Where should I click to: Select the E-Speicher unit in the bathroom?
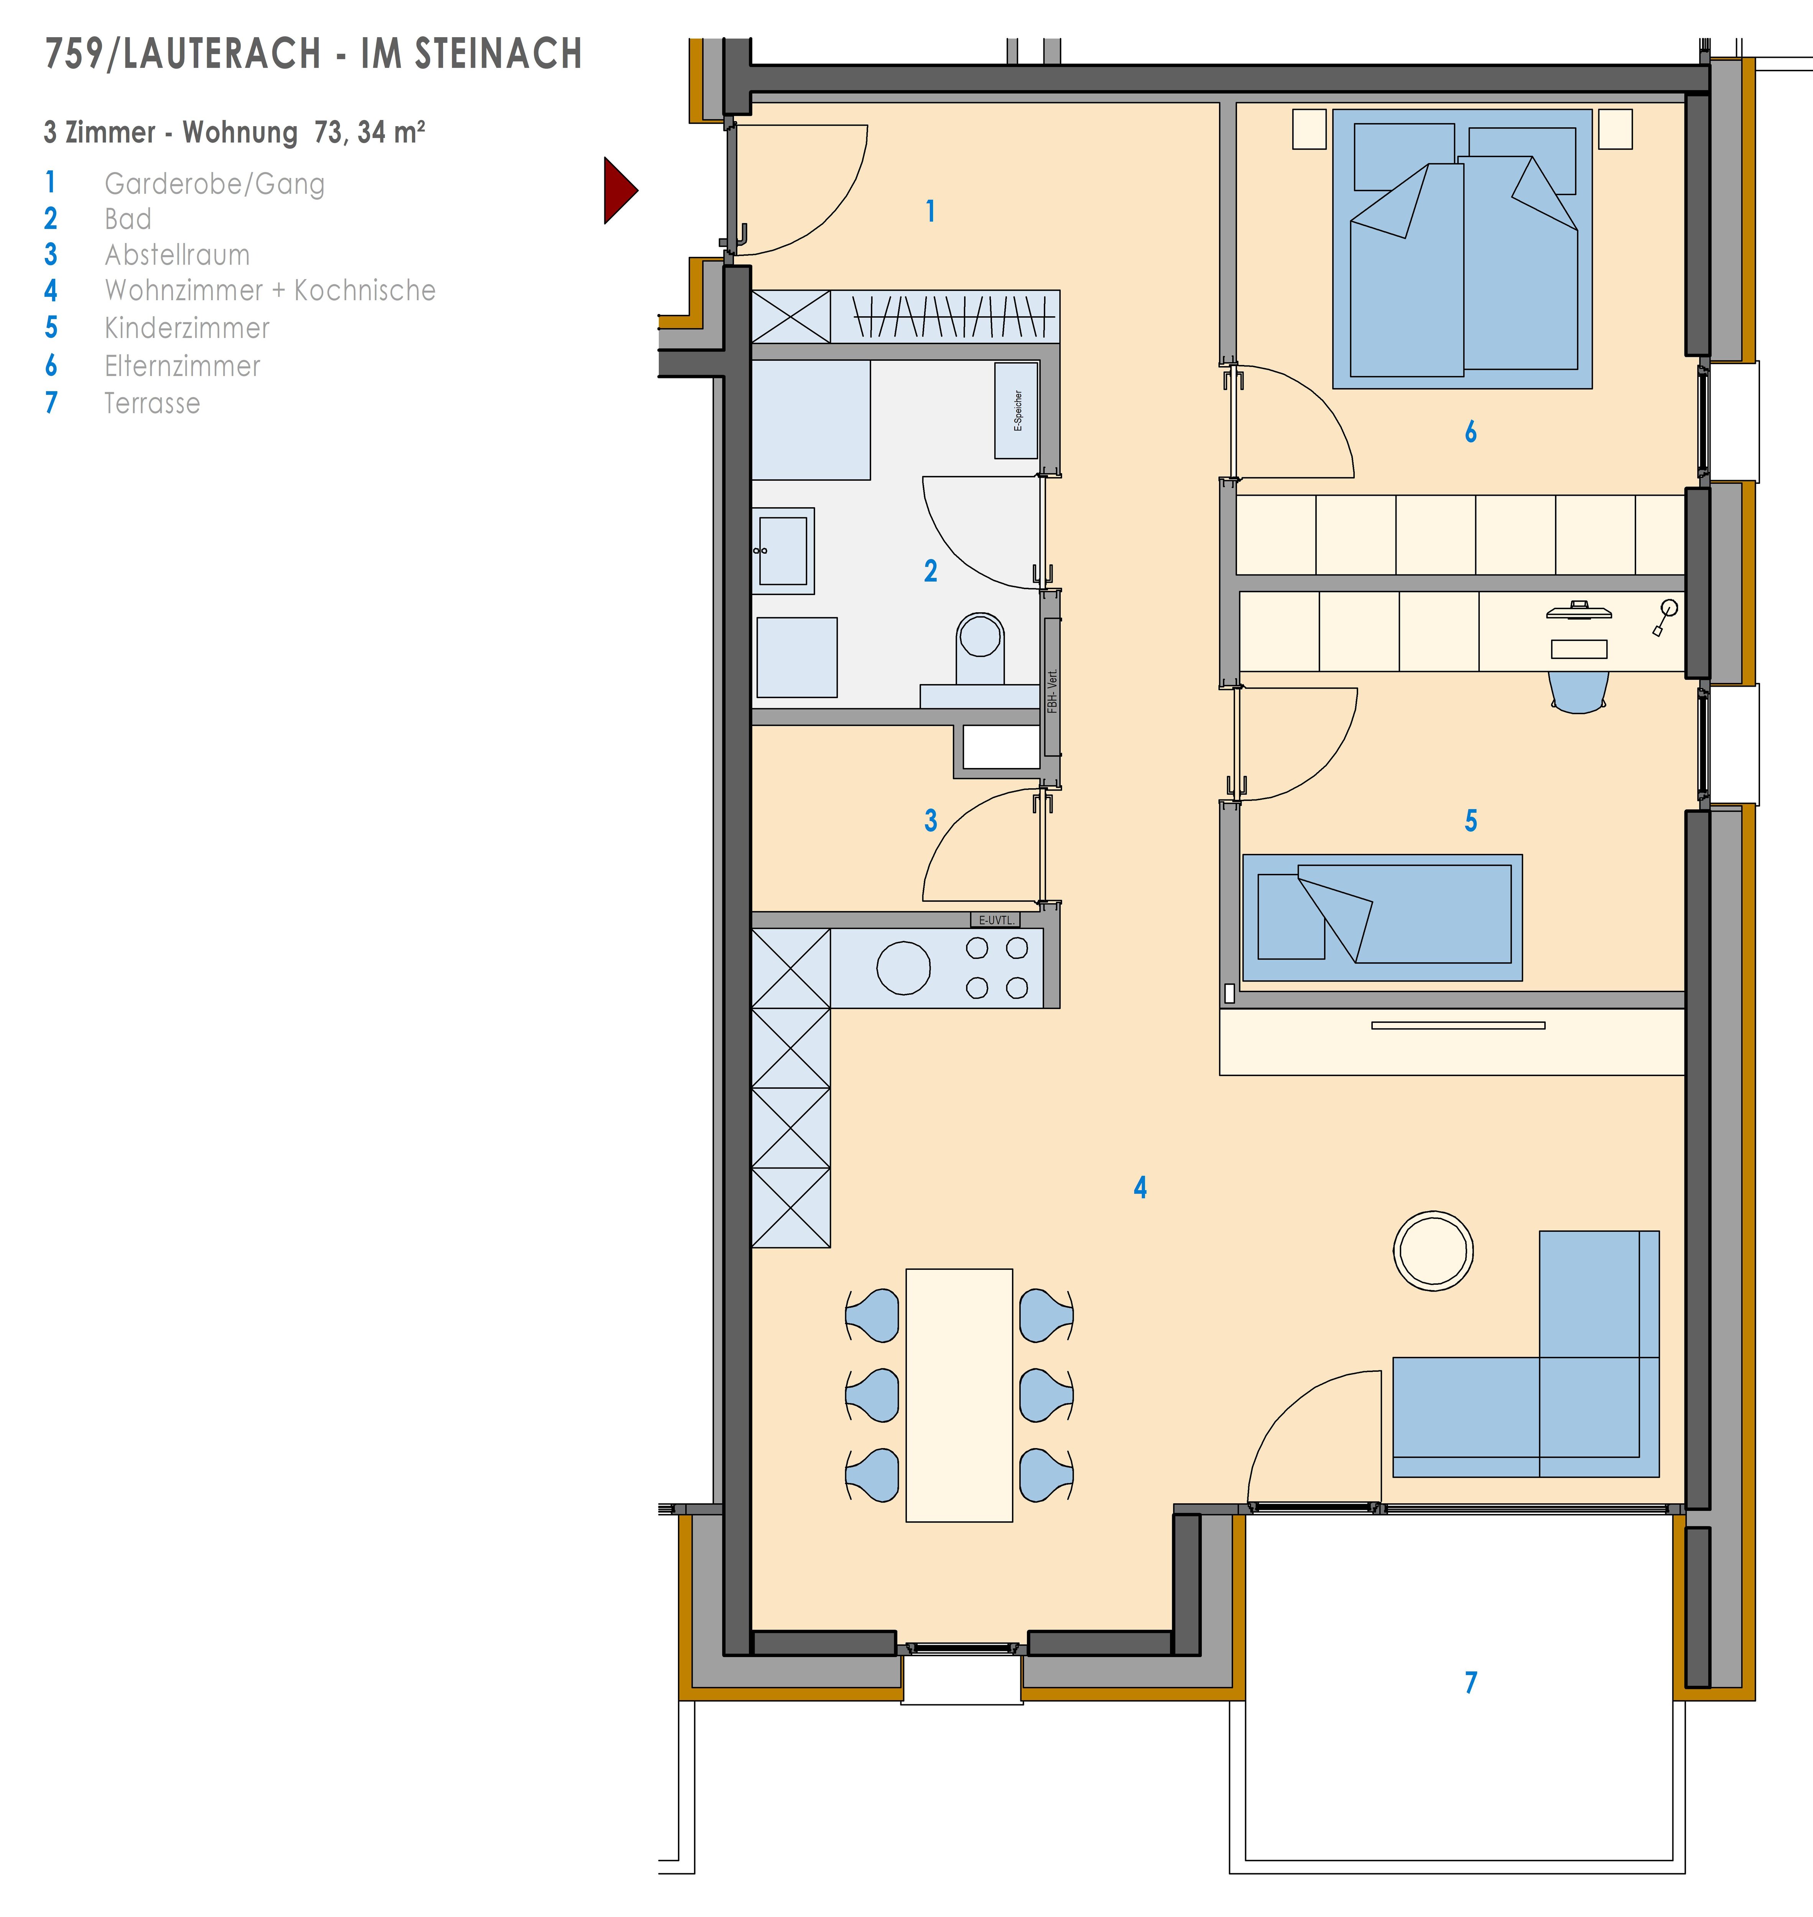(x=1016, y=411)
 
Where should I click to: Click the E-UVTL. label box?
(x=995, y=920)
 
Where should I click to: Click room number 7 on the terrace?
(x=1471, y=1682)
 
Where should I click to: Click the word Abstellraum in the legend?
(x=177, y=255)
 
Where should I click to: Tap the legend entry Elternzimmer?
(x=183, y=366)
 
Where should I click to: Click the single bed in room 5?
(x=1382, y=917)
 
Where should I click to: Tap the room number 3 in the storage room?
(x=931, y=820)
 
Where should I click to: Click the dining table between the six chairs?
(x=959, y=1395)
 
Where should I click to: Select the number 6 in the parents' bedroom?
(x=1471, y=432)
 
